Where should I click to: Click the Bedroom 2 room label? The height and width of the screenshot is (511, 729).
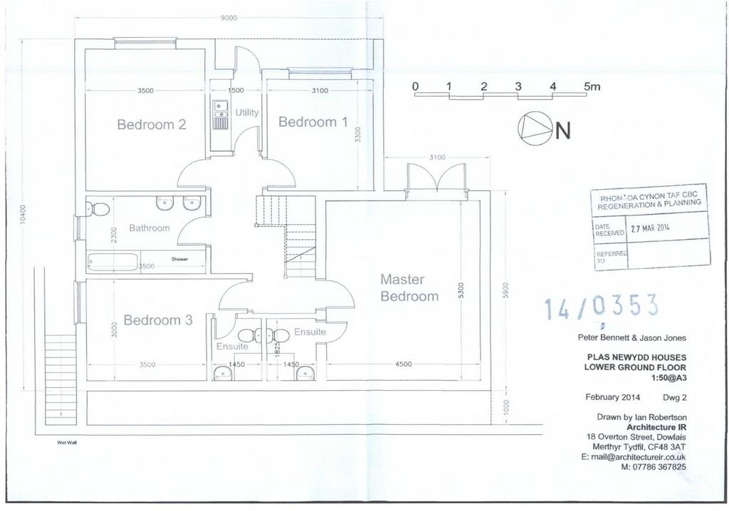pos(151,125)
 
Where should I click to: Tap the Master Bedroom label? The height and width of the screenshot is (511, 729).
pos(409,287)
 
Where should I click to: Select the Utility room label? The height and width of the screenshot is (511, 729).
pos(246,113)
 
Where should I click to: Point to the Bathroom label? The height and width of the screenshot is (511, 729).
pos(150,228)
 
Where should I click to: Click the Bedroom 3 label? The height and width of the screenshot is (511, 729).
pos(157,320)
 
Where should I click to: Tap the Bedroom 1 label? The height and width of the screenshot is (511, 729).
pos(313,122)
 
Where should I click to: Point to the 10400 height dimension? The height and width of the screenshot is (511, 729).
pos(23,213)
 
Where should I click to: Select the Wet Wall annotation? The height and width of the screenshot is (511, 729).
pos(66,442)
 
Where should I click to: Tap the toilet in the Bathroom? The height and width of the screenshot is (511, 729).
pos(98,209)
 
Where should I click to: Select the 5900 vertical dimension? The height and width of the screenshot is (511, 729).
pos(505,291)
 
